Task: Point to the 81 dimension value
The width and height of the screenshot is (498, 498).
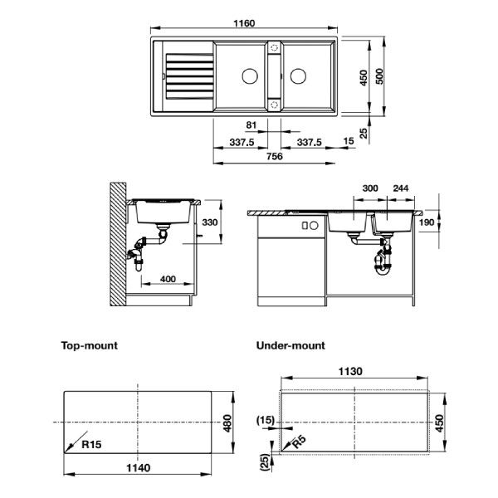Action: pyautogui.click(x=251, y=125)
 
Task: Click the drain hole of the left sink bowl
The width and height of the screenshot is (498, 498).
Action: pyautogui.click(x=247, y=76)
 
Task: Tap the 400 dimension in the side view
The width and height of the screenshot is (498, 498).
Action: pyautogui.click(x=168, y=280)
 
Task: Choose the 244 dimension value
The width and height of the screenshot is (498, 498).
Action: pyautogui.click(x=400, y=188)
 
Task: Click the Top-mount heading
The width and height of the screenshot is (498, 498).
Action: pyautogui.click(x=89, y=344)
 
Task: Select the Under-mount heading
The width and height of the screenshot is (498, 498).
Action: pyautogui.click(x=290, y=344)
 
